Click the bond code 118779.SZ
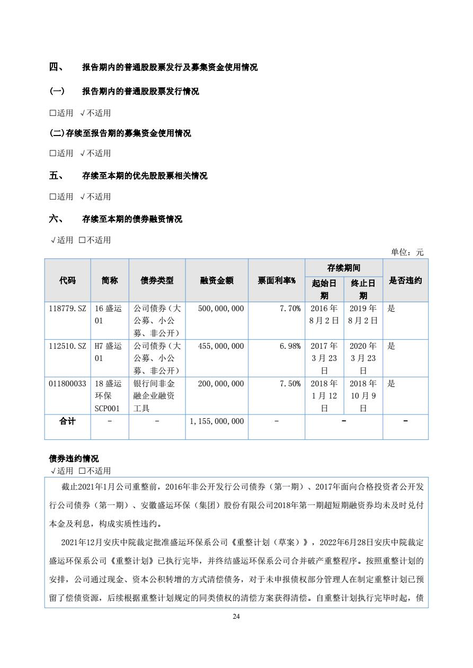pos(67,308)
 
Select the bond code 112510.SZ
pos(67,346)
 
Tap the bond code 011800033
pos(67,384)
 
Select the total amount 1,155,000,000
pos(217,421)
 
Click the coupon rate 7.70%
pos(290,308)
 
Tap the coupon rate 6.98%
pos(290,346)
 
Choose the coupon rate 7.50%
pos(290,384)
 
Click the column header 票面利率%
pos(276,281)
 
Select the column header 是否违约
pos(405,281)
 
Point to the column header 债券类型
pos(157,281)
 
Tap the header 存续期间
pos(344,268)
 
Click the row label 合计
pos(67,421)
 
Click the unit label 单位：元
pos(407,252)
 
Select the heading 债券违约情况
pos(74,459)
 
